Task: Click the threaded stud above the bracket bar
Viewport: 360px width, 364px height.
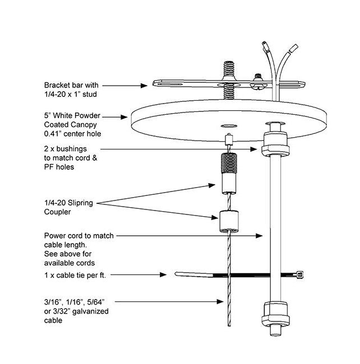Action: tap(229, 71)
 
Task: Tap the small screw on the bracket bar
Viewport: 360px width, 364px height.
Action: tap(259, 77)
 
